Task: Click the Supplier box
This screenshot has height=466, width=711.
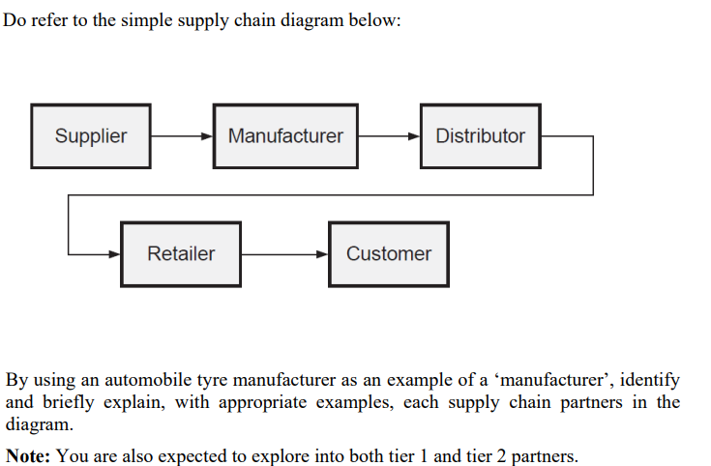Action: (x=90, y=136)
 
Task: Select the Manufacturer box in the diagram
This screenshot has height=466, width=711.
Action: (x=285, y=136)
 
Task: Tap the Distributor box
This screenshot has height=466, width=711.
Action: (x=481, y=136)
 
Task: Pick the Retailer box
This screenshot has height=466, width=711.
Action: (x=181, y=254)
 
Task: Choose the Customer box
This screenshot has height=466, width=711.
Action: (x=389, y=254)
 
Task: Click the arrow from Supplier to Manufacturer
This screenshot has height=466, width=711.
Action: (x=182, y=136)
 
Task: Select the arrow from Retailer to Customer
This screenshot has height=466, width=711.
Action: (x=284, y=254)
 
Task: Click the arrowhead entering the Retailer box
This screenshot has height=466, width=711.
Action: (x=114, y=254)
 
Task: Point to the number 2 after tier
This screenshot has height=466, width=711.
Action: (x=501, y=456)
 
